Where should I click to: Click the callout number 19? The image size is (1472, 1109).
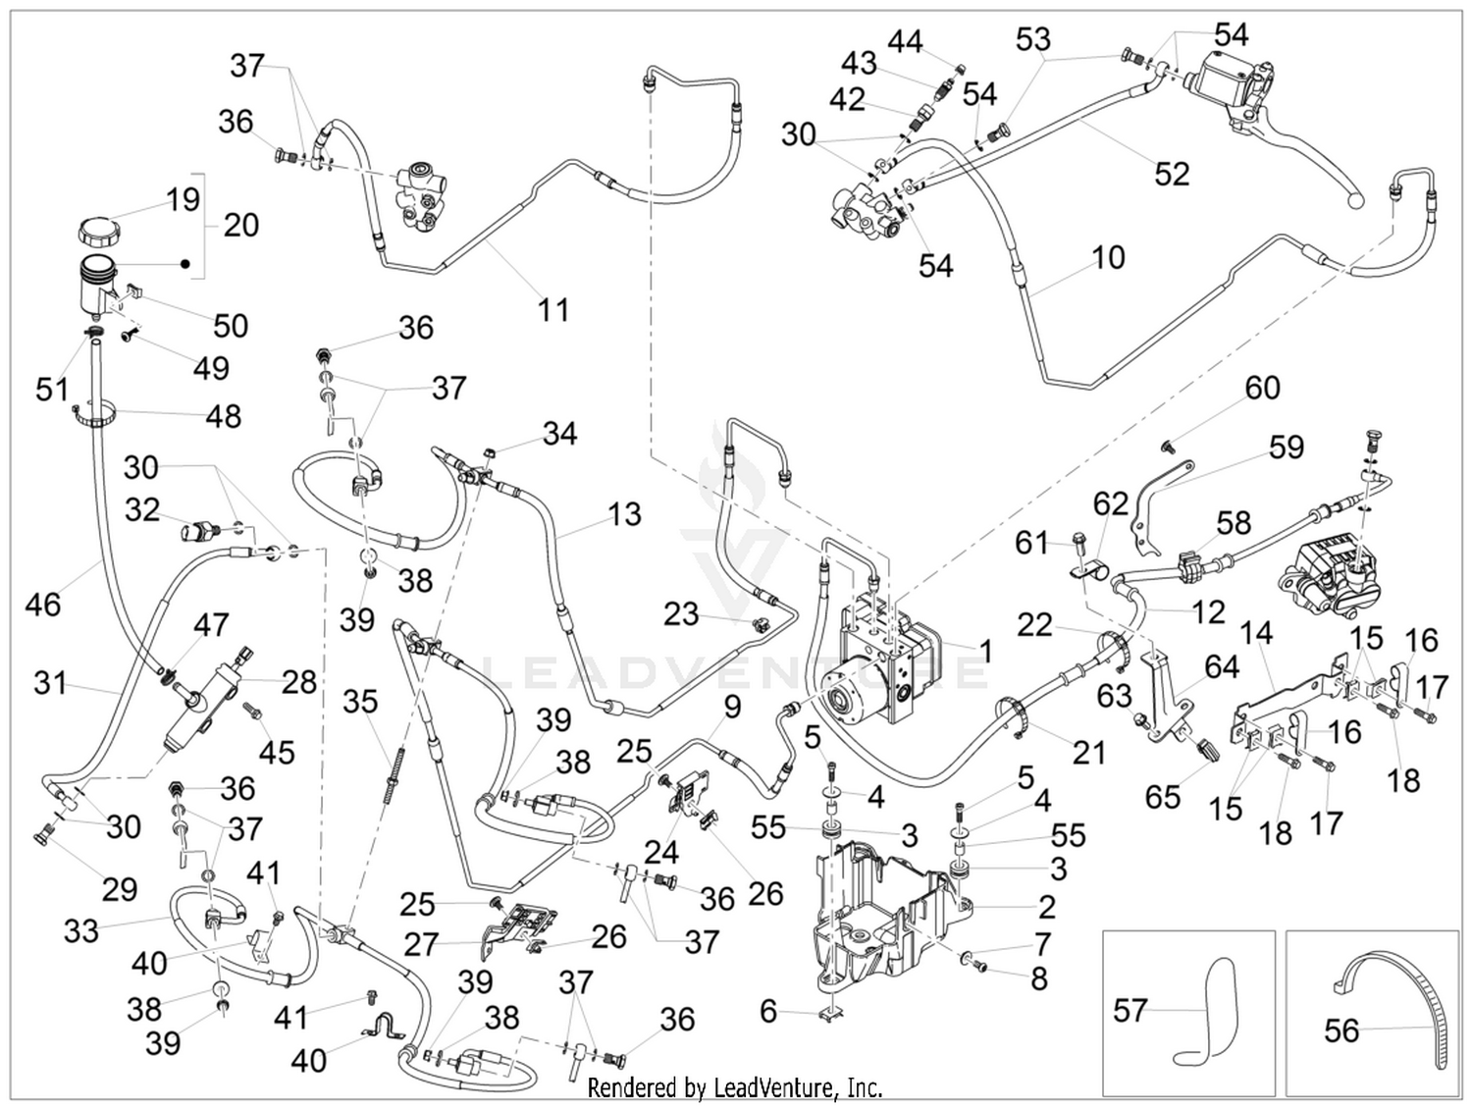pos(183,199)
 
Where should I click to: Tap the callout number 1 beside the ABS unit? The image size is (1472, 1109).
pos(985,650)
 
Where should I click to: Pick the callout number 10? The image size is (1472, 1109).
pos(1108,257)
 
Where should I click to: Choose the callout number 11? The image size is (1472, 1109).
pos(553,309)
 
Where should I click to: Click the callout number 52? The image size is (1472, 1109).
pos(1173,174)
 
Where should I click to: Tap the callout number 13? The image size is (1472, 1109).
pos(624,514)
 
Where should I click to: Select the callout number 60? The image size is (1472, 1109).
pos(1263,388)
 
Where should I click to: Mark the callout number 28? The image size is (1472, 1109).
pos(298,682)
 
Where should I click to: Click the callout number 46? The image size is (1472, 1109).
pos(43,605)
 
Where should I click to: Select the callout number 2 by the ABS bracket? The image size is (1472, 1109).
pos(1047,907)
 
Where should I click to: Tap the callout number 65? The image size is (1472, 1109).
pos(1162,797)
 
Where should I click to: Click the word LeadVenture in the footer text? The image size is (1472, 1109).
pos(772,1086)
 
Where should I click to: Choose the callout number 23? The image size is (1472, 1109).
pos(681,613)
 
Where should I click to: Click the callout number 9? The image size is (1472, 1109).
pos(732,706)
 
